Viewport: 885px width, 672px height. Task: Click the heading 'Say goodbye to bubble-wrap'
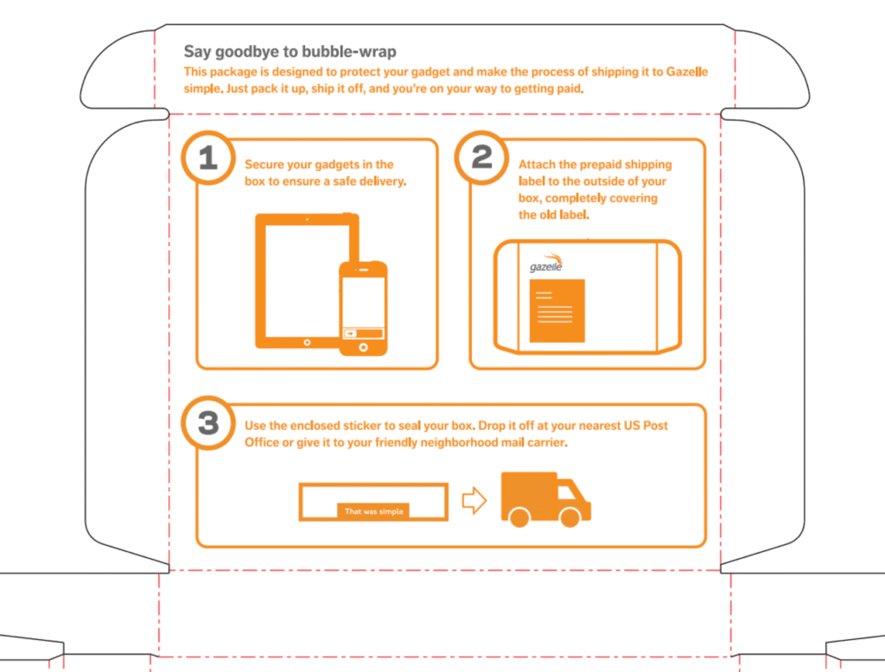pyautogui.click(x=290, y=52)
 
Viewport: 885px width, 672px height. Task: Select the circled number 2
pyautogui.click(x=481, y=156)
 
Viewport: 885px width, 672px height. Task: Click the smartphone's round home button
pyautogui.click(x=363, y=347)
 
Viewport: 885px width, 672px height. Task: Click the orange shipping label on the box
pyautogui.click(x=557, y=310)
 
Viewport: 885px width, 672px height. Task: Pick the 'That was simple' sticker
pyautogui.click(x=373, y=511)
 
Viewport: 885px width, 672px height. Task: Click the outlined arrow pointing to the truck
pyautogui.click(x=474, y=500)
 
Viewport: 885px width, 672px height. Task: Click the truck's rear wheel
pyautogui.click(x=519, y=517)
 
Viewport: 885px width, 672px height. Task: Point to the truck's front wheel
pyautogui.click(x=570, y=517)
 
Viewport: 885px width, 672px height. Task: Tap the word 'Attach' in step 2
pyautogui.click(x=538, y=164)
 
